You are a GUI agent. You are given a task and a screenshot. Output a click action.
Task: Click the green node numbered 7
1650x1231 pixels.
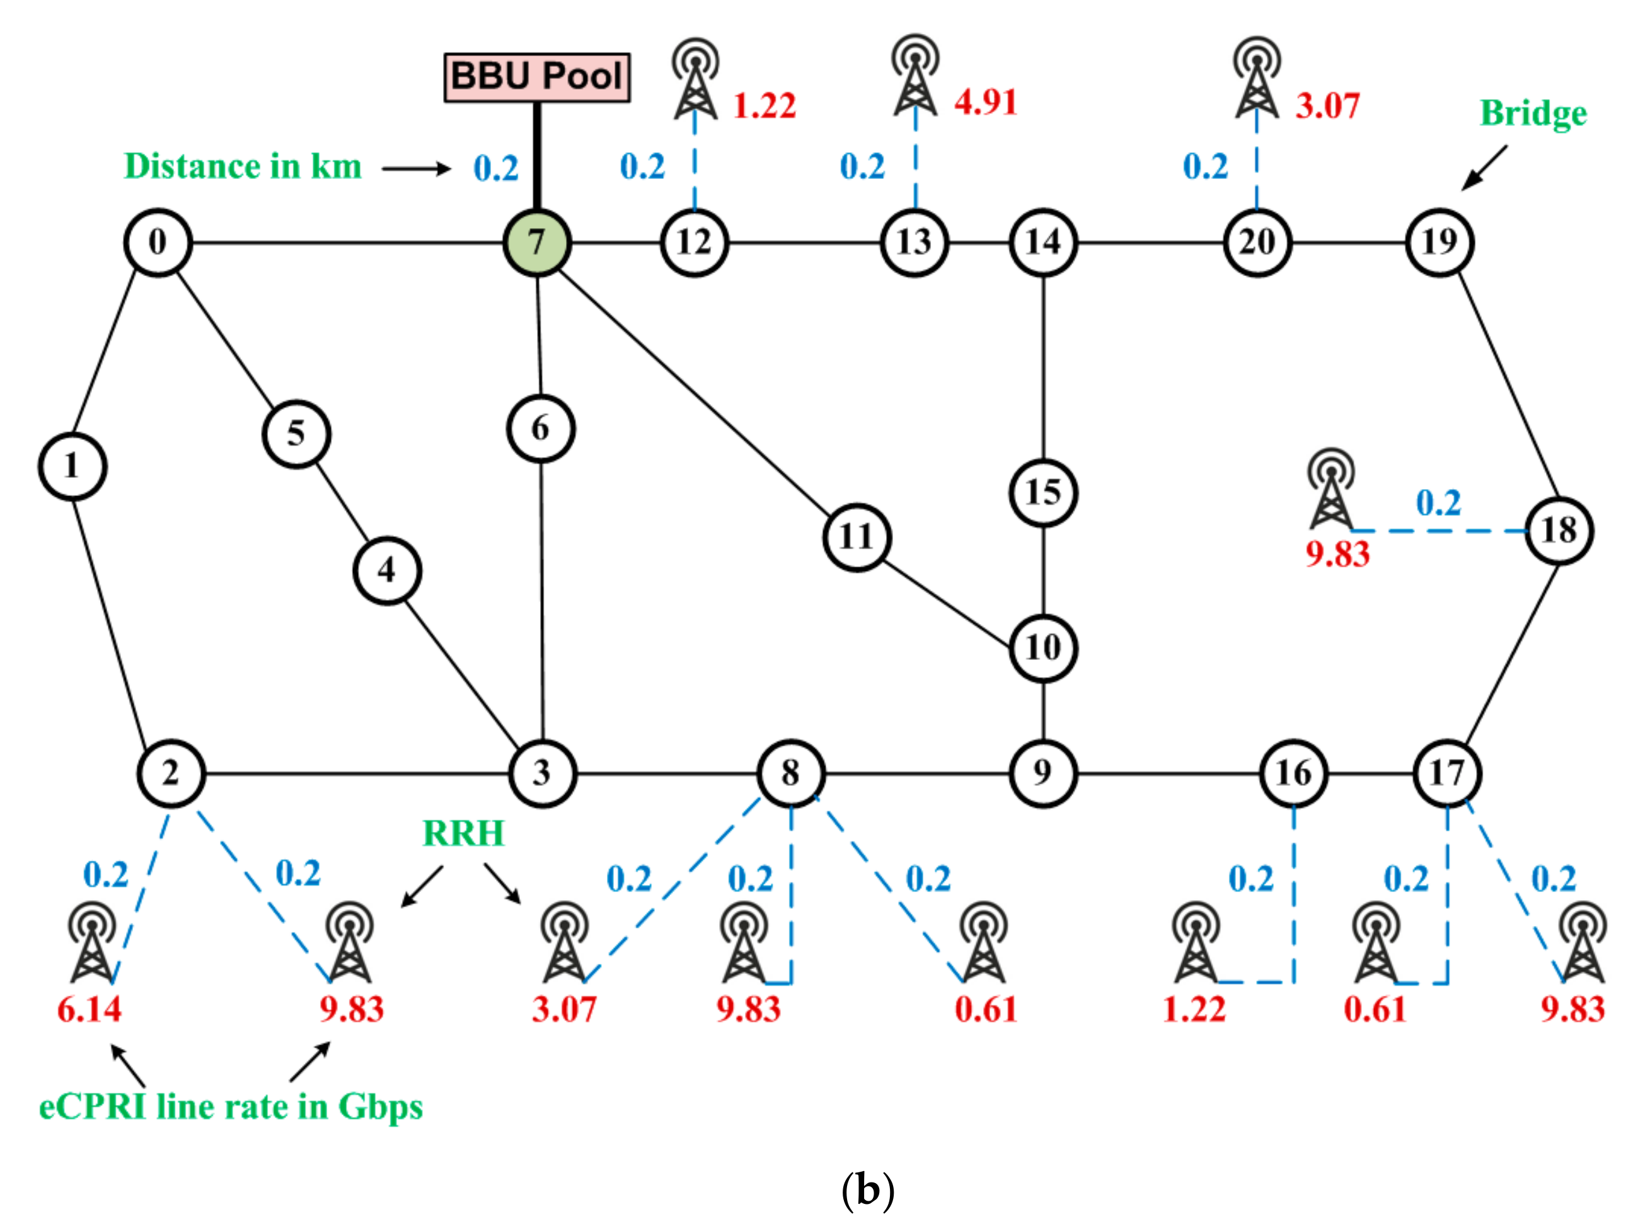point(536,242)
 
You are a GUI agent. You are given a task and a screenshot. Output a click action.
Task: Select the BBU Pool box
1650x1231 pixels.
point(536,77)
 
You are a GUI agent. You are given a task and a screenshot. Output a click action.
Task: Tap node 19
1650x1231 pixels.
point(1439,242)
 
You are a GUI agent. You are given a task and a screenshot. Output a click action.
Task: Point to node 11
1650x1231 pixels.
point(857,536)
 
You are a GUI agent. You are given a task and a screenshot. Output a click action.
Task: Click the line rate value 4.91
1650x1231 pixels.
point(986,103)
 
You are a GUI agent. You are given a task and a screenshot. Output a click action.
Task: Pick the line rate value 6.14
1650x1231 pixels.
point(89,1010)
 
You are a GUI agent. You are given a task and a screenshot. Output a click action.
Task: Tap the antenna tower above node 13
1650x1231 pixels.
point(916,74)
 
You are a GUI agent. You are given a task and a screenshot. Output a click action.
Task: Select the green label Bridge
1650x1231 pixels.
point(1533,114)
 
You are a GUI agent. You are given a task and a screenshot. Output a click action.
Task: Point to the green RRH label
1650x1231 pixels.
point(463,833)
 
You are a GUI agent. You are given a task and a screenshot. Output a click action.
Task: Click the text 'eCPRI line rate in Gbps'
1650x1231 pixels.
point(231,1107)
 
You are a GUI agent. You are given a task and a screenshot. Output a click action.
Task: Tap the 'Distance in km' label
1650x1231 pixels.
point(243,166)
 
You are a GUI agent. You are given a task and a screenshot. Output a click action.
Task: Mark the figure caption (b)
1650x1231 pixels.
point(867,1190)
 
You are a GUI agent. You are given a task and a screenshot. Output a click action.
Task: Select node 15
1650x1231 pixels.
point(1043,492)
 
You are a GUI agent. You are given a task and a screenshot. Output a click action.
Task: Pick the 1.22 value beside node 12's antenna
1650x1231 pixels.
point(764,106)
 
